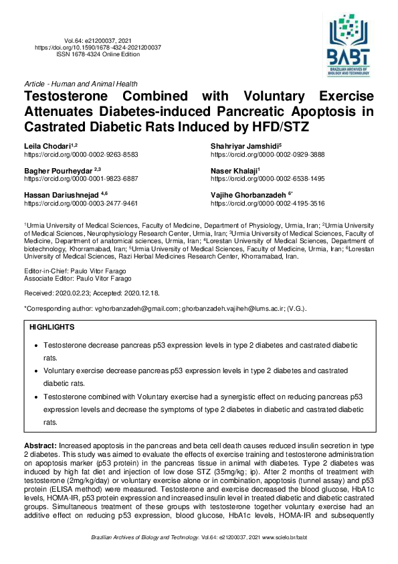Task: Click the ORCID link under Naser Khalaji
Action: click(x=267, y=179)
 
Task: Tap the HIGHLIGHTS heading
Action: click(x=52, y=327)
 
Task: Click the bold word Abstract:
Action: click(x=41, y=445)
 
